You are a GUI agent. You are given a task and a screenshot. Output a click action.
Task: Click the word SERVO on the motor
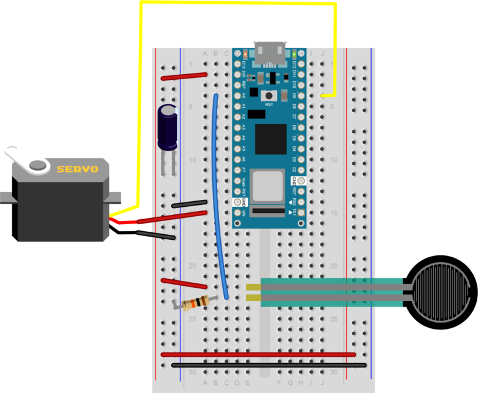click(77, 169)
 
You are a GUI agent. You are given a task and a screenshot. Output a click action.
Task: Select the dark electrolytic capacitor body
click(168, 126)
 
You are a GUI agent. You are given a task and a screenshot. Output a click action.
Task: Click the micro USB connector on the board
click(269, 54)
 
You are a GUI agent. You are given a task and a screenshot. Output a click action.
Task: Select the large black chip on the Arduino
click(270, 139)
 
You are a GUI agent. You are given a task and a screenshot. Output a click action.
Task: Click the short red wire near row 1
click(184, 76)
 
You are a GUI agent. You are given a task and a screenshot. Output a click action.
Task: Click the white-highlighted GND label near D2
click(294, 181)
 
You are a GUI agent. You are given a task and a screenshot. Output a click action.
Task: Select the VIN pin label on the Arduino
click(244, 213)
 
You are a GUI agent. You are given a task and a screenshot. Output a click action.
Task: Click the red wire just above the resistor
click(184, 283)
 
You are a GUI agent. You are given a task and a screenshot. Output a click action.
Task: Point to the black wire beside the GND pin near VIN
click(189, 204)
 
